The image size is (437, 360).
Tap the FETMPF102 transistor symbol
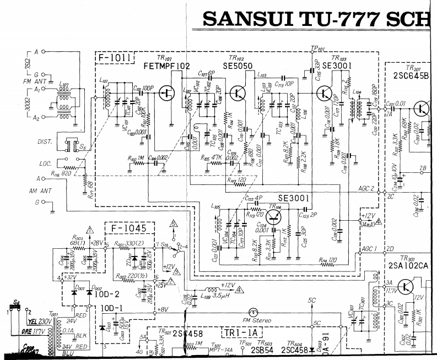166,93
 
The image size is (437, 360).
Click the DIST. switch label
45,141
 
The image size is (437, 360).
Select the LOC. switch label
45,163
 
